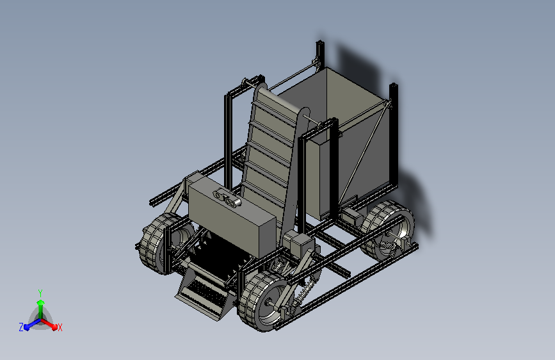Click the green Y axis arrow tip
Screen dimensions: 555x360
click(40, 302)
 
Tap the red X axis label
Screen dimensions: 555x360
click(60, 327)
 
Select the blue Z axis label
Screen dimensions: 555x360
click(21, 327)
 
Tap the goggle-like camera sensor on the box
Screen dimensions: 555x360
click(227, 198)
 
